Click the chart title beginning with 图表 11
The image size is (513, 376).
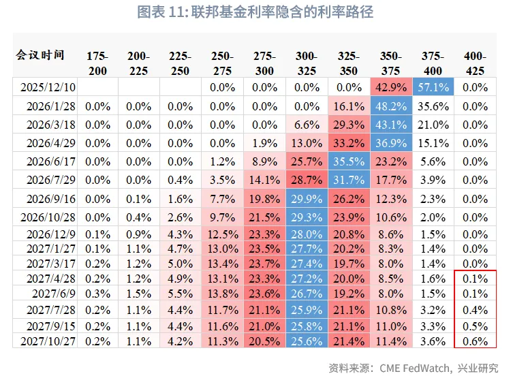tap(255, 12)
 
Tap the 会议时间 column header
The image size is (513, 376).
tap(40, 55)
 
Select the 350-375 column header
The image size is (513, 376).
tap(390, 63)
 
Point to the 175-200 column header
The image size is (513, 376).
tap(97, 63)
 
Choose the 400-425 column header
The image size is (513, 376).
tap(475, 63)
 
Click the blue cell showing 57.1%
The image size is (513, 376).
tap(433, 87)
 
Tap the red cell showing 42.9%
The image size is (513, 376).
tap(390, 87)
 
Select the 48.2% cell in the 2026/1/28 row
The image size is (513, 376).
tap(390, 106)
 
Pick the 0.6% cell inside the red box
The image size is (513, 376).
tap(475, 341)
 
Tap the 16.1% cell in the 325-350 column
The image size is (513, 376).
tap(349, 106)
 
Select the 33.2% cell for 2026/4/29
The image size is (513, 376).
tap(349, 143)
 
